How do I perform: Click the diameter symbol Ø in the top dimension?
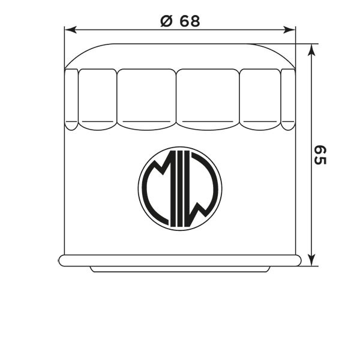tap(166, 21)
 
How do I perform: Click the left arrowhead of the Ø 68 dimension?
tap(70, 29)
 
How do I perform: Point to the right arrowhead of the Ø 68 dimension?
tap(292, 29)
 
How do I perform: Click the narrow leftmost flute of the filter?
tap(71, 99)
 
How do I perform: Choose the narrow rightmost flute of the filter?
tap(289, 99)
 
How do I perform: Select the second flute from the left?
tap(97, 99)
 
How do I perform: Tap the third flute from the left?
tap(146, 99)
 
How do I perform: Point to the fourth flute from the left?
tap(208, 99)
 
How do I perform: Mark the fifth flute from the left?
tap(260, 99)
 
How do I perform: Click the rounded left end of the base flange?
tap(62, 260)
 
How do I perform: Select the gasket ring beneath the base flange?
tap(180, 269)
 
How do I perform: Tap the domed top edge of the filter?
tap(180, 44)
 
